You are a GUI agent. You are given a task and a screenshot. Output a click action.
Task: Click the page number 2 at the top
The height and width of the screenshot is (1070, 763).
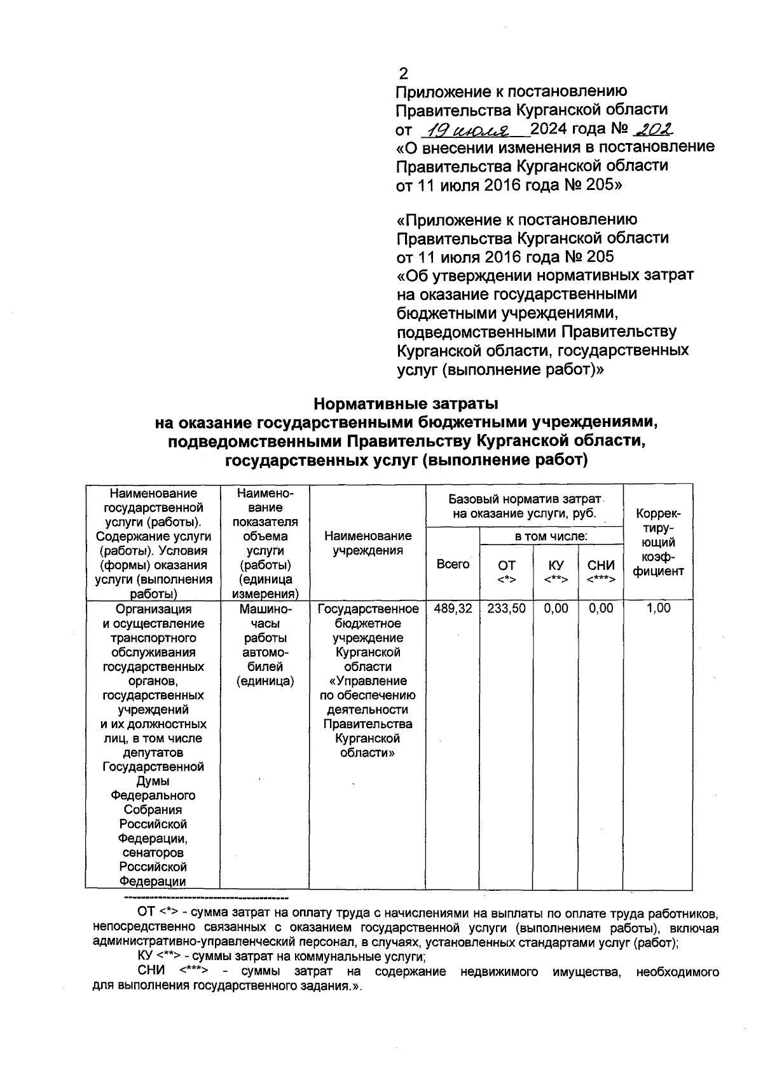(x=403, y=73)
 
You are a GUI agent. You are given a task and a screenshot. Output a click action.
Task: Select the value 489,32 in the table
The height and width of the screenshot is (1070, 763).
(x=453, y=609)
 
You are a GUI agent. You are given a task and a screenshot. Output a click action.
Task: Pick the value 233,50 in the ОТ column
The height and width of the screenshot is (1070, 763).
(x=506, y=609)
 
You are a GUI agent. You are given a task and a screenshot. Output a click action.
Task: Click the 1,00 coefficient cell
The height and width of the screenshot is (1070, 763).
(x=658, y=609)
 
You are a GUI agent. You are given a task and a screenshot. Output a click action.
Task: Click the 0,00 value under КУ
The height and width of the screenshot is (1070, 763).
(x=556, y=609)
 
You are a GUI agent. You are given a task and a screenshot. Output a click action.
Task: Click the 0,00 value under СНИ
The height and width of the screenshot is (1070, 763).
(x=601, y=609)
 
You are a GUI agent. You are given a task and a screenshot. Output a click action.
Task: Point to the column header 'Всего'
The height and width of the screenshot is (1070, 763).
(x=453, y=564)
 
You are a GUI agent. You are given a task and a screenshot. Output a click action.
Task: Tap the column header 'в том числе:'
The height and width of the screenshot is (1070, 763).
(x=551, y=537)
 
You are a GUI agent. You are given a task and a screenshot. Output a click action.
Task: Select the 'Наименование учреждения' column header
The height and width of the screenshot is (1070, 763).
(x=368, y=543)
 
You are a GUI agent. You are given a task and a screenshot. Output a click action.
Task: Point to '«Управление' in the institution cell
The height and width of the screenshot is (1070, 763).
(x=368, y=681)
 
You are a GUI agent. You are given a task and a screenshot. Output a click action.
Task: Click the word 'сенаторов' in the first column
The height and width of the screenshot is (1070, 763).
(x=153, y=853)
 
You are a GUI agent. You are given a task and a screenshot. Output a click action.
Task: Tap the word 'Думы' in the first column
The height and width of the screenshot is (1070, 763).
(x=153, y=781)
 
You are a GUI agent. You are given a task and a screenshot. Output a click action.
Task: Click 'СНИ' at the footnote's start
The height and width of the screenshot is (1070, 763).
(x=151, y=972)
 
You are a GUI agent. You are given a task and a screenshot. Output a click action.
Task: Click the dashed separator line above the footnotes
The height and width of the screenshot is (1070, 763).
(x=205, y=898)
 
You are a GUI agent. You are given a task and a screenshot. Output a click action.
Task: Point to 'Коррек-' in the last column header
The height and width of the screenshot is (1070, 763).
(x=658, y=513)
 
